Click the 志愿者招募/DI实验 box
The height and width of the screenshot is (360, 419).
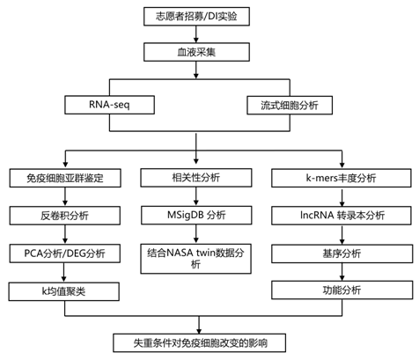tap(196, 17)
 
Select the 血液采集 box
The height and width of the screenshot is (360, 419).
tap(196, 52)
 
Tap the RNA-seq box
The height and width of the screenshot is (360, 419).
tap(109, 105)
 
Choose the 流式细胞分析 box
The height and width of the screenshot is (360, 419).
tap(290, 105)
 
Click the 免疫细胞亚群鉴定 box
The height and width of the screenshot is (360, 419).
tap(65, 178)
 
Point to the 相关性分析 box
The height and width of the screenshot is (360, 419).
tap(196, 178)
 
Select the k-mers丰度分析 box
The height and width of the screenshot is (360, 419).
tap(342, 178)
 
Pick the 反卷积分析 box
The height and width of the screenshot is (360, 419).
tap(65, 216)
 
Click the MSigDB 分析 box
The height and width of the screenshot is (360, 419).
tap(196, 216)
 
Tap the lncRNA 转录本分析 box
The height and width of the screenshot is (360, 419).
tap(342, 216)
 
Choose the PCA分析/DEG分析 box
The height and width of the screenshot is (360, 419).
tap(65, 253)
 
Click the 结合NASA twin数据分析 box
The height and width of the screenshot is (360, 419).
tap(195, 259)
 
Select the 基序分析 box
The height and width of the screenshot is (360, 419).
tap(342, 253)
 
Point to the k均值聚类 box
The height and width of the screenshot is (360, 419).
tap(64, 291)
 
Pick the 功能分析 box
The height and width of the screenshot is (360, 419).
tap(342, 290)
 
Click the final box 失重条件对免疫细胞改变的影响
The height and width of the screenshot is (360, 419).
tap(200, 342)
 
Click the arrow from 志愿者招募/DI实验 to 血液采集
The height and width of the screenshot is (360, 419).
tap(196, 34)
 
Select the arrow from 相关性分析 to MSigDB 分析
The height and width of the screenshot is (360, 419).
tap(196, 196)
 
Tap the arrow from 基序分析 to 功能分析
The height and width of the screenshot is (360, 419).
tap(342, 272)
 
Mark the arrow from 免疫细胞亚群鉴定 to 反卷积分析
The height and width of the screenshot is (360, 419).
tap(65, 197)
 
